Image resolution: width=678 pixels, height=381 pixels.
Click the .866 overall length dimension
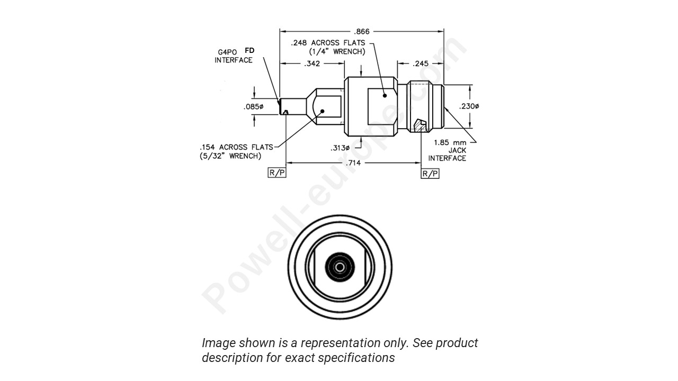[362, 31]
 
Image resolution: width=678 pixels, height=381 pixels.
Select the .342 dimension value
[311, 63]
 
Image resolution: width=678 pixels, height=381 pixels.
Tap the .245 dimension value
[420, 63]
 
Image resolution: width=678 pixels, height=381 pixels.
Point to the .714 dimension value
[353, 163]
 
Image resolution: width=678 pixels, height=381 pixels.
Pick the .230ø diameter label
[469, 106]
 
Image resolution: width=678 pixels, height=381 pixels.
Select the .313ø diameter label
[341, 148]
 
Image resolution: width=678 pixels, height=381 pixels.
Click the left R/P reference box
[277, 174]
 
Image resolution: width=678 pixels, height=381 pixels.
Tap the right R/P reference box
[430, 174]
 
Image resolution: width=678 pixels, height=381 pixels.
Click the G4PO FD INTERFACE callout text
[234, 56]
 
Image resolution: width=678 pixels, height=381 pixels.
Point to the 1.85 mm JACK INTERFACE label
[449, 150]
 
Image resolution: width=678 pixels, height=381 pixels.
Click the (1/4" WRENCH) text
[337, 51]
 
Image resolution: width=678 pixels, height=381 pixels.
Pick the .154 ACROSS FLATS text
[236, 147]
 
